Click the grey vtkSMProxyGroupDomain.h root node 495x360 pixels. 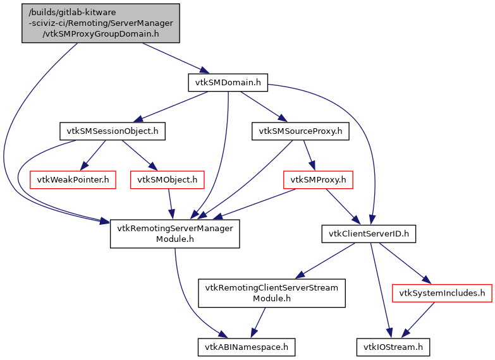101,23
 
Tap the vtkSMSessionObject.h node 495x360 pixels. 113,131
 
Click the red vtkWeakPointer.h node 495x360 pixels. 73,180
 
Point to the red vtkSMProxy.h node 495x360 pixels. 318,180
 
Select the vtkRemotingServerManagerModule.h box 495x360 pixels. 174,234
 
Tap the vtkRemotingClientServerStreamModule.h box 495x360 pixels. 271,293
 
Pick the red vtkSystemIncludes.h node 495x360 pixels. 442,293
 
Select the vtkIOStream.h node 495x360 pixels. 393,347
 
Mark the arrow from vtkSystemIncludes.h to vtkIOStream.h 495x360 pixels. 418,320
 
